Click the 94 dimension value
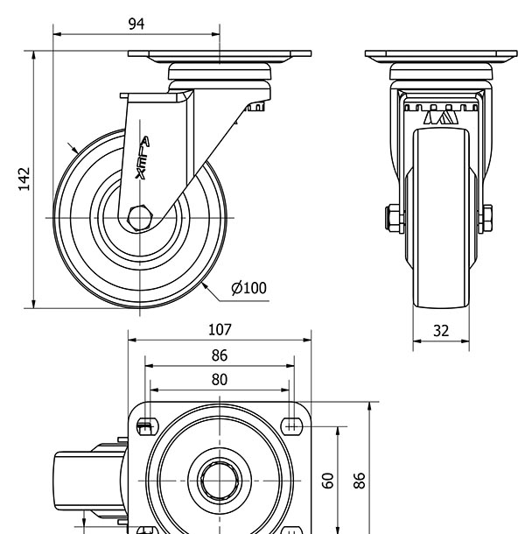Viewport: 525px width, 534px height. pos(136,24)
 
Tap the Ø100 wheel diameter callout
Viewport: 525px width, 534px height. pos(248,288)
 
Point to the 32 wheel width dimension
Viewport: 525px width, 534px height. pos(440,331)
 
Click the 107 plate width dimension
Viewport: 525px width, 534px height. pos(220,329)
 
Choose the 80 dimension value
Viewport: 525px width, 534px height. pos(220,379)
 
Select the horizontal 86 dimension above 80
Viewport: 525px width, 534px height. pos(220,355)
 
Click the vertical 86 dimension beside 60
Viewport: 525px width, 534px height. pos(359,480)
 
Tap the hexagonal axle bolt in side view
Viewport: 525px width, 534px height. pos(140,215)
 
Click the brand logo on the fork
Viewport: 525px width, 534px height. pos(143,158)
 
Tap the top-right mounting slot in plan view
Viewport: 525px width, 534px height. pos(293,425)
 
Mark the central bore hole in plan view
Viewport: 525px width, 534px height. pos(220,480)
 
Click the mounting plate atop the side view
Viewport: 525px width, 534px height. pos(220,56)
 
